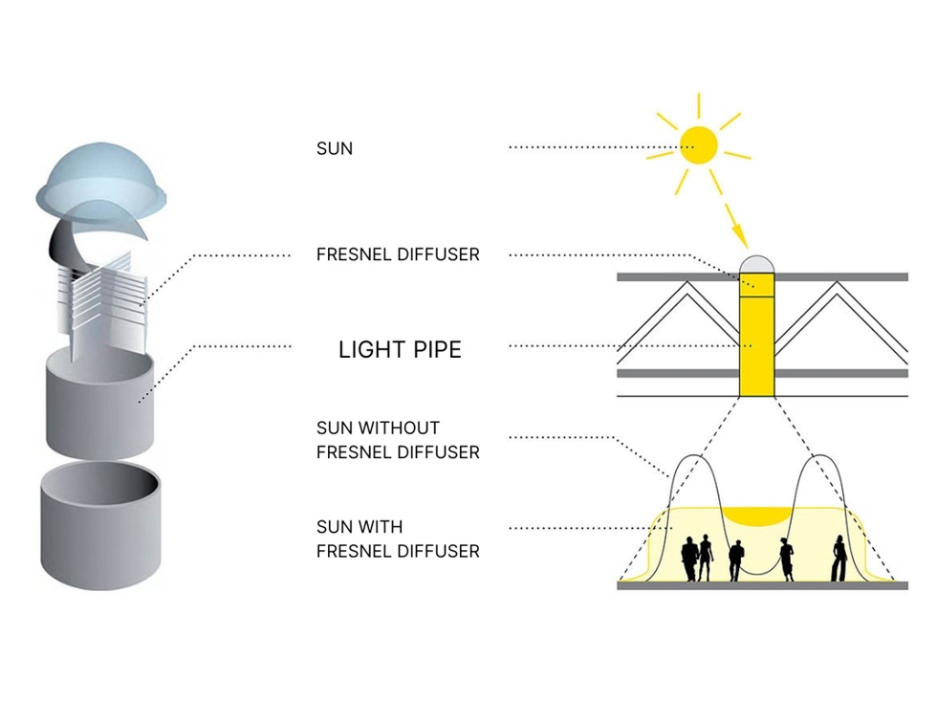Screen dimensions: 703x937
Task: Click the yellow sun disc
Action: click(699, 144)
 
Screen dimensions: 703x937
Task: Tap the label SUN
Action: click(334, 149)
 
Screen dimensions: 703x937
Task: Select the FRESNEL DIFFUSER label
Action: click(398, 255)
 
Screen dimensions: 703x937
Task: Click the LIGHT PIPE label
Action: click(400, 350)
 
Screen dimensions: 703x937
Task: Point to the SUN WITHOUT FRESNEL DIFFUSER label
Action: click(398, 440)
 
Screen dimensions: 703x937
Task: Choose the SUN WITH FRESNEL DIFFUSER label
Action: click(398, 538)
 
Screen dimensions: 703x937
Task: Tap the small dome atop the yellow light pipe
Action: click(755, 265)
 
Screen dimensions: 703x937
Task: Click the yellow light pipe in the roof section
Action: click(755, 344)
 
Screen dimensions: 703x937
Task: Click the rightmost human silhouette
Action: click(838, 559)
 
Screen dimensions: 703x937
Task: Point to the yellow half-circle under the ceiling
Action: click(755, 516)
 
